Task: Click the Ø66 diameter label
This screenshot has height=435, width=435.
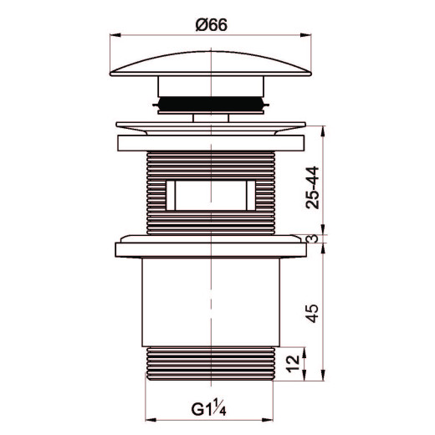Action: pos(212,25)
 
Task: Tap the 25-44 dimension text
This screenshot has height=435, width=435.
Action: pos(312,187)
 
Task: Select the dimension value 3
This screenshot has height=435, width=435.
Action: pos(313,238)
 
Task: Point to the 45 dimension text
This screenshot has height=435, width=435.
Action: pos(312,313)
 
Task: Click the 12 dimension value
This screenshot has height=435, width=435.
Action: pos(293,364)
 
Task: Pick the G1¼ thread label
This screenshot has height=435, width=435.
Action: pos(208,410)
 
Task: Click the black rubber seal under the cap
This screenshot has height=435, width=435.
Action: pos(211,104)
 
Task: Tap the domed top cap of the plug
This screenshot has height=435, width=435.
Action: pos(211,64)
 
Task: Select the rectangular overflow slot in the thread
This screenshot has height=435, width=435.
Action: pos(211,195)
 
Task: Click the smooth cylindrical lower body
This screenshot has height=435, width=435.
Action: pos(211,302)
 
